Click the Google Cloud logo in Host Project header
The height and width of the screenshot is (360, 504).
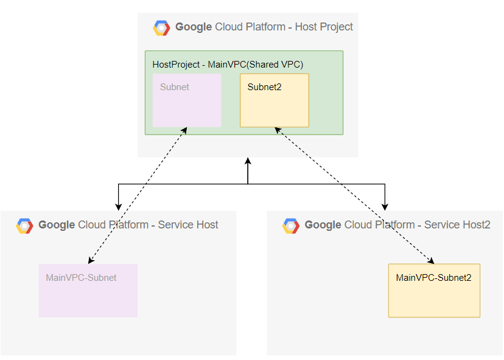tap(161, 28)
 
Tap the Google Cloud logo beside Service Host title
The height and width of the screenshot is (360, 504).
tap(24, 226)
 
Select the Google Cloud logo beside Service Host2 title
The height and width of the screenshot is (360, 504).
tap(291, 226)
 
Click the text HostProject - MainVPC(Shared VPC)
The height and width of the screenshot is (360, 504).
tap(228, 64)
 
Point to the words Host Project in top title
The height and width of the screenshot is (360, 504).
tap(324, 27)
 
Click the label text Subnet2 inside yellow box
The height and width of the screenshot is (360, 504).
tap(264, 87)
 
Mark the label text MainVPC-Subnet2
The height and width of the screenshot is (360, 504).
tap(433, 278)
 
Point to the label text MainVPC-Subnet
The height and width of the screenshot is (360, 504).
tap(81, 278)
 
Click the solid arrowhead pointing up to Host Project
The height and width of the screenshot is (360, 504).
tap(248, 162)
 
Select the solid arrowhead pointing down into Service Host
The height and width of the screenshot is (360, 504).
tap(118, 206)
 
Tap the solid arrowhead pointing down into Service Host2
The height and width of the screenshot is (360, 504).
tap(385, 206)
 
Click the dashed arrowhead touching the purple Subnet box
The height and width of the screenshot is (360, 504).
tap(184, 130)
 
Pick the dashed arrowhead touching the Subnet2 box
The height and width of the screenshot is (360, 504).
tap(278, 130)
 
